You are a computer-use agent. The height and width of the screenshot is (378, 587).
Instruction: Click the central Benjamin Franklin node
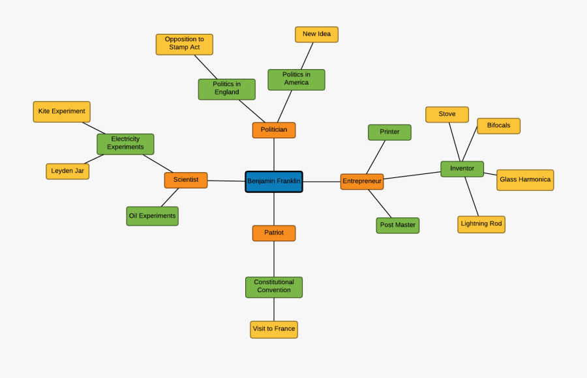coord(274,181)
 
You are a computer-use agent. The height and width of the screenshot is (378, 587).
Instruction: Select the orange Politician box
coord(274,130)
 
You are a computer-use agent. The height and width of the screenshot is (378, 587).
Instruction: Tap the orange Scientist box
coord(186,180)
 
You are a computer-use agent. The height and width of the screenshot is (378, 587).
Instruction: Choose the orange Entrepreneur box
coord(362,181)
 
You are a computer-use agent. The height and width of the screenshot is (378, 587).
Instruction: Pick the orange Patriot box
coord(274,233)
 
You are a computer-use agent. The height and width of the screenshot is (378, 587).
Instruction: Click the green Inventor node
coord(462,169)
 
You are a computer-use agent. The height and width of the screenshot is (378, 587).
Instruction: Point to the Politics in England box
coord(226,89)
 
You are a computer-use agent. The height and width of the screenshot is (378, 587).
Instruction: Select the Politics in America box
coord(296,79)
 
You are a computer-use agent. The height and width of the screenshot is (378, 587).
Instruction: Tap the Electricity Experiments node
coord(125,143)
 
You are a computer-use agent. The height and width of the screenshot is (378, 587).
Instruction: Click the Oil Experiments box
coord(152,216)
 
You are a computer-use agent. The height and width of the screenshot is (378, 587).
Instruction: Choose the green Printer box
coord(389,132)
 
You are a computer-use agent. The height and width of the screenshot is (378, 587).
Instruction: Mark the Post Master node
coord(398,225)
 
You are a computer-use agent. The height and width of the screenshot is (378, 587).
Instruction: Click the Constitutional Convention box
coord(274,287)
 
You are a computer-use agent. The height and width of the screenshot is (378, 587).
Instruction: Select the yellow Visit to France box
coord(274,329)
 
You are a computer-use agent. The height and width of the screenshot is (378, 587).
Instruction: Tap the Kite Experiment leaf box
coord(61,111)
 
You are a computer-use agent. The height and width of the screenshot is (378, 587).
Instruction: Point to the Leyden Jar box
coord(68,171)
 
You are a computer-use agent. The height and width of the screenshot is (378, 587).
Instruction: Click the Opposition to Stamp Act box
coord(185,44)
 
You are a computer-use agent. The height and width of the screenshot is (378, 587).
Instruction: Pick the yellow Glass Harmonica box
coord(525,180)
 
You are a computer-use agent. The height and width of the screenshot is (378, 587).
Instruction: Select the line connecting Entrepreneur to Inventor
coord(412,175)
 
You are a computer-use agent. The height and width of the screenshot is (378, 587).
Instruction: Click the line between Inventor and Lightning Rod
coord(472,196)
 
